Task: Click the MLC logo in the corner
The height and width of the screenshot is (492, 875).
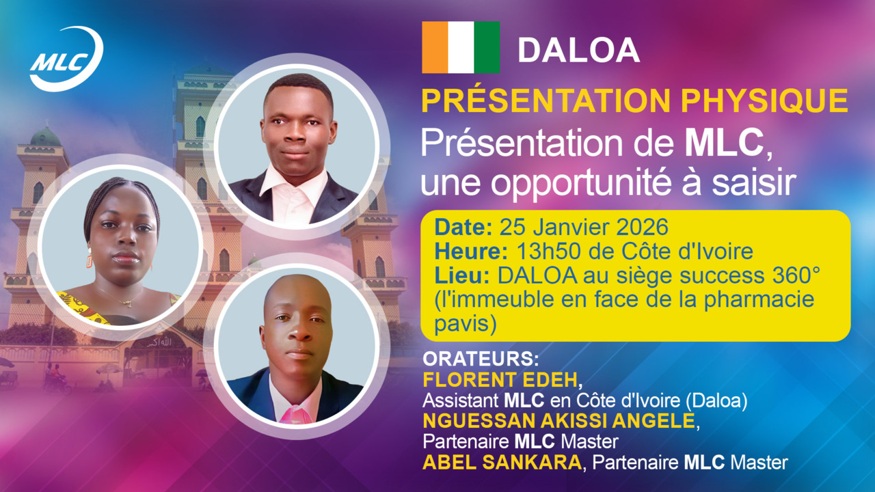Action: coord(66,59)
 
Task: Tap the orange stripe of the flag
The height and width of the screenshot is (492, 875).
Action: coord(435,47)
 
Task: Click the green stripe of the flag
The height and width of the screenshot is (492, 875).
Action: coord(487,47)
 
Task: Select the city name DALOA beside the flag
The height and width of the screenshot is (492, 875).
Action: coord(578,50)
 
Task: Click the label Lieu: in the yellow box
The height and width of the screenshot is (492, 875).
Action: coord(463,275)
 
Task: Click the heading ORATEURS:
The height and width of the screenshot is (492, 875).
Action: coord(481,359)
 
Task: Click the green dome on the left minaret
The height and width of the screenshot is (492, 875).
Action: coord(45,137)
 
